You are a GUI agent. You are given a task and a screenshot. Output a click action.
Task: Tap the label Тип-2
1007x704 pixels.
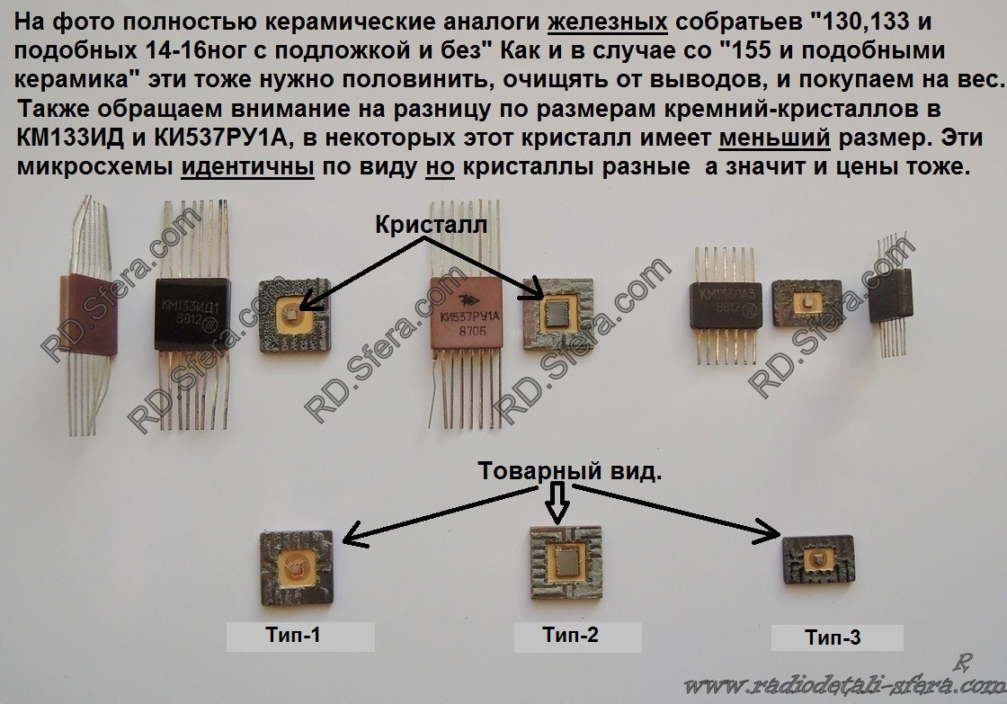pyautogui.click(x=570, y=636)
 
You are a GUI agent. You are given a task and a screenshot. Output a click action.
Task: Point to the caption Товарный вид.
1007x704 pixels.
pyautogui.click(x=568, y=471)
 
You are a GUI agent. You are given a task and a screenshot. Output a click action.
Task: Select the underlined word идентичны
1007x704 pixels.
pyautogui.click(x=246, y=168)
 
